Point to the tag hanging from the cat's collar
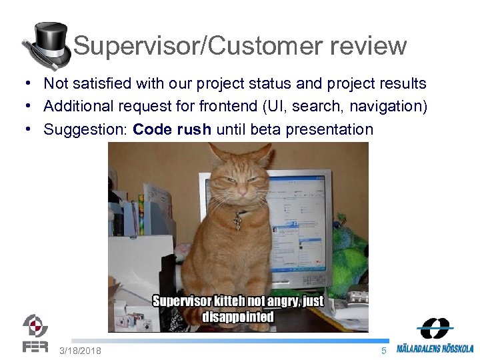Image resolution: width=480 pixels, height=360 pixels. [237, 222]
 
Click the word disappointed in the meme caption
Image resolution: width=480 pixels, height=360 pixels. [238, 317]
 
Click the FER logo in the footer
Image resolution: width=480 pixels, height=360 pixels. [35, 333]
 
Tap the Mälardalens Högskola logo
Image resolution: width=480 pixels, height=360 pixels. [435, 337]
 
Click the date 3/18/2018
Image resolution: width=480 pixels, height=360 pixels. [80, 351]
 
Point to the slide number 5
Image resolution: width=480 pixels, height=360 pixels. [383, 351]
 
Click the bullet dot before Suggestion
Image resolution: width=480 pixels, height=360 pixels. [23, 129]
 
